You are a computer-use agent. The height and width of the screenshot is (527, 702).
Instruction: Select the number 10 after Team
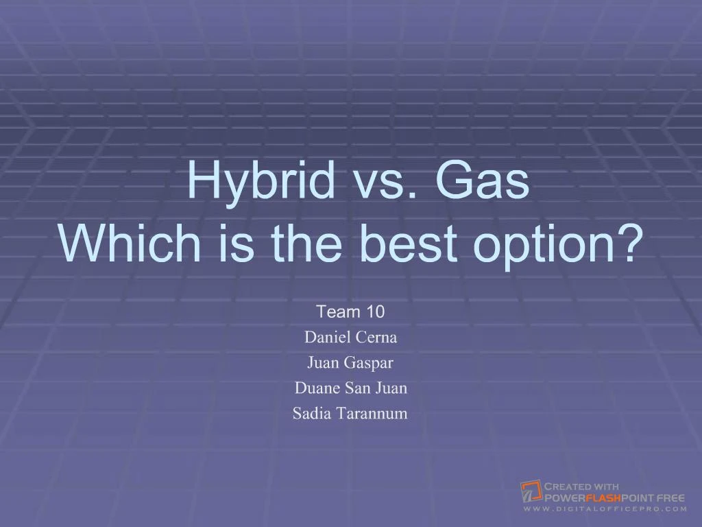point(376,312)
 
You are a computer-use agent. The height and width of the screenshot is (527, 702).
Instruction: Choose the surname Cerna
point(376,338)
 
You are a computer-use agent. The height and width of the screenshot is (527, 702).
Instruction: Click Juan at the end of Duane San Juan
point(391,388)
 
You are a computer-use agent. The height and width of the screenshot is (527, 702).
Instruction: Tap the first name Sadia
point(312,414)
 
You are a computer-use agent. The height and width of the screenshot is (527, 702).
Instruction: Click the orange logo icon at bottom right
point(531,491)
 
